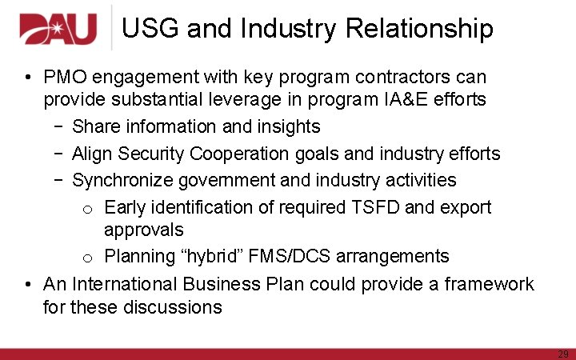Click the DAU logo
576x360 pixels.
click(x=58, y=30)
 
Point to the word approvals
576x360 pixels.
click(x=143, y=230)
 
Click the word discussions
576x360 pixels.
click(x=172, y=306)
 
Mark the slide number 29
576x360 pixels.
click(x=563, y=353)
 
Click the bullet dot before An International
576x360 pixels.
click(x=28, y=284)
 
